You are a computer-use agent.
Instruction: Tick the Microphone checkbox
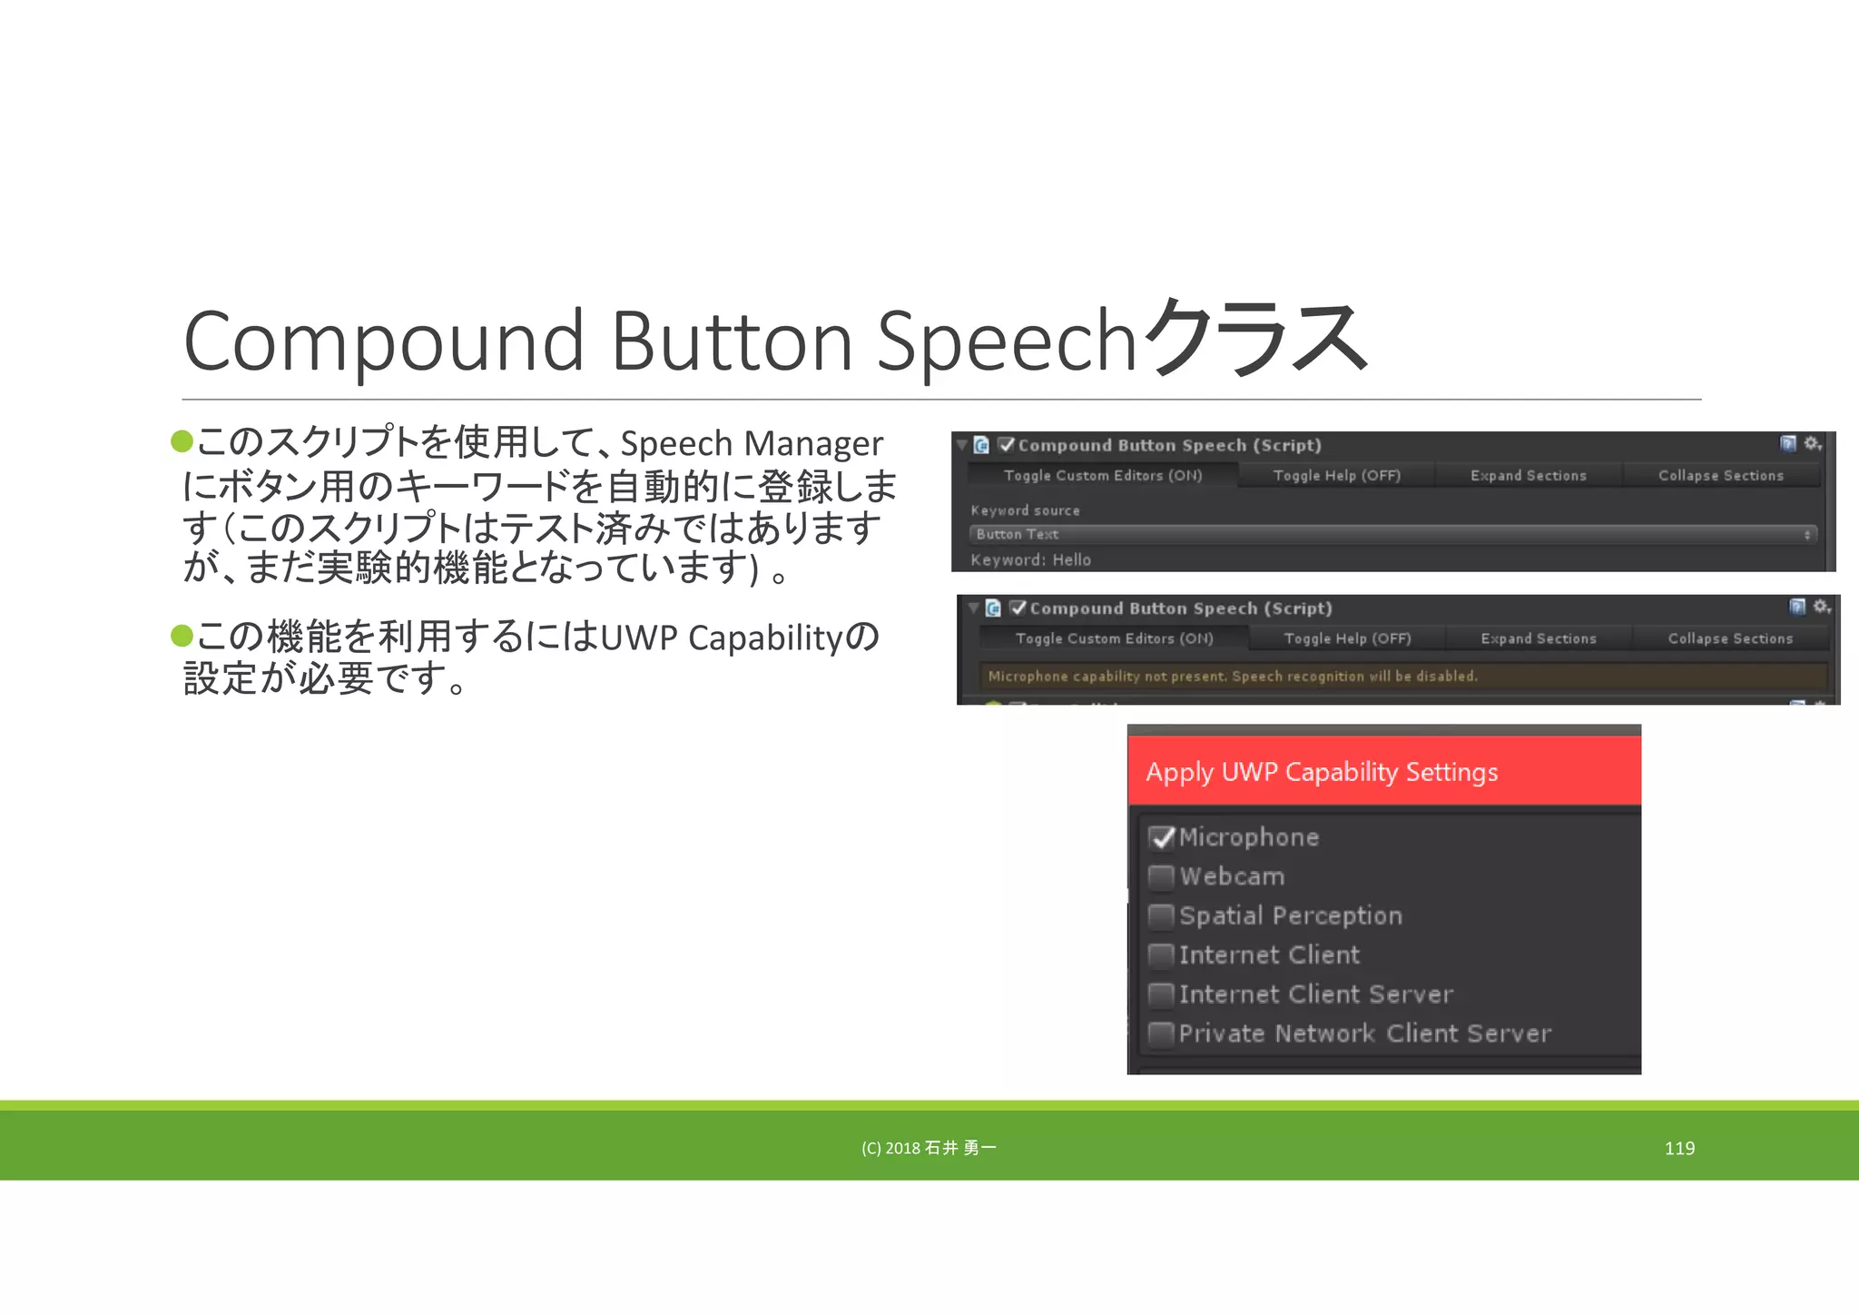click(x=1161, y=837)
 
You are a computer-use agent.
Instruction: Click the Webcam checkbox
click(x=1161, y=876)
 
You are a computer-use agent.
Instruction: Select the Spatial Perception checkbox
click(x=1161, y=915)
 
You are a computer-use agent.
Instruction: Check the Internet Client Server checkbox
click(x=1161, y=994)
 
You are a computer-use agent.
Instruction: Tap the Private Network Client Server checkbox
click(x=1161, y=1033)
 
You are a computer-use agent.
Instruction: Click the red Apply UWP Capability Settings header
click(x=1383, y=771)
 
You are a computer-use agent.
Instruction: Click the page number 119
click(x=1679, y=1148)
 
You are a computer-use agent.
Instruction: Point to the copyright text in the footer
click(x=929, y=1148)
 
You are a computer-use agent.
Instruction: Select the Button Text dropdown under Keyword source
click(x=1392, y=534)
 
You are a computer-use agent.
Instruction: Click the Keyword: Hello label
click(x=1030, y=559)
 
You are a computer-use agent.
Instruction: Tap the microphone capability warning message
click(x=1232, y=676)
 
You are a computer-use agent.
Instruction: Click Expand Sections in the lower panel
click(x=1538, y=638)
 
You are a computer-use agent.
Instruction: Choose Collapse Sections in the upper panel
click(x=1720, y=475)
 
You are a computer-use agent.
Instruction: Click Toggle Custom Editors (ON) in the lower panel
click(x=1114, y=638)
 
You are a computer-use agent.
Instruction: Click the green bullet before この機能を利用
click(x=182, y=636)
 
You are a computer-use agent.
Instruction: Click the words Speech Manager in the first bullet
click(x=751, y=444)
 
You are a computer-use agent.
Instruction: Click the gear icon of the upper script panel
click(x=1812, y=443)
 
